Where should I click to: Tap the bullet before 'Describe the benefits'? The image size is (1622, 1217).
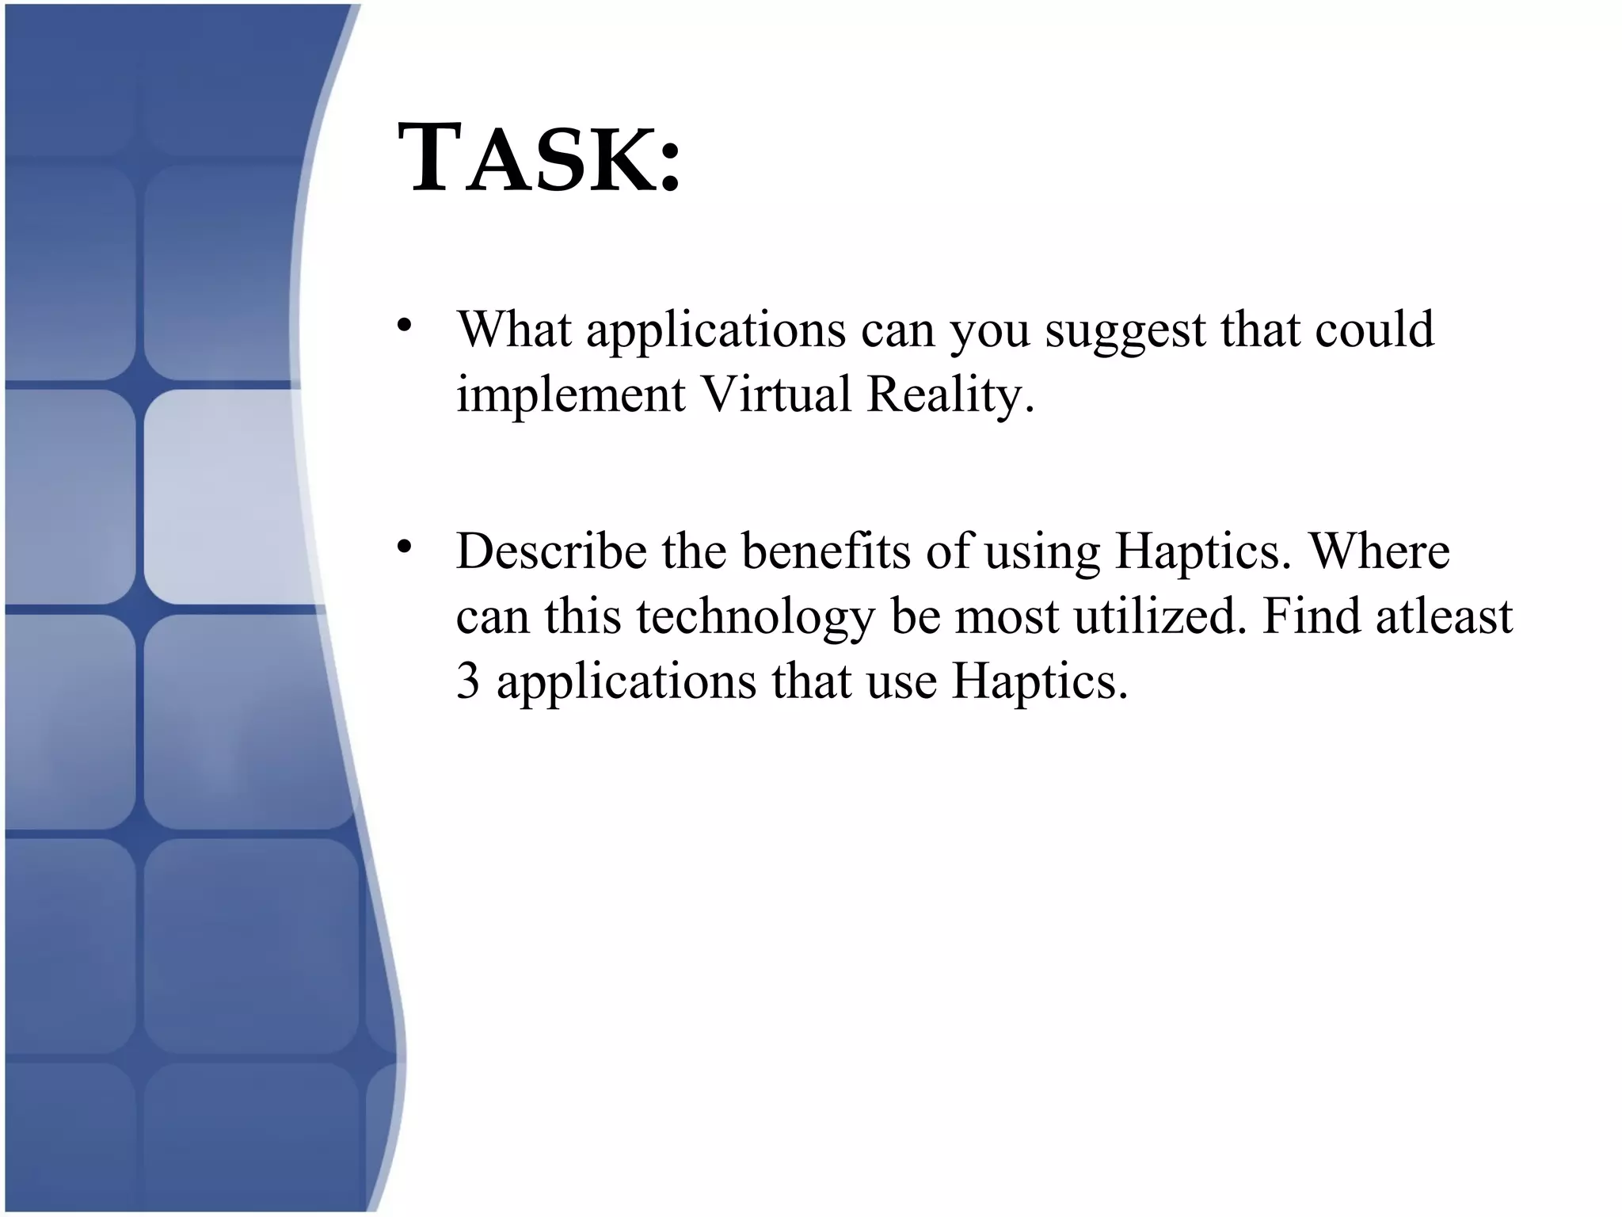click(405, 546)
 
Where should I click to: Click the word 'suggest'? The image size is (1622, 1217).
click(1125, 331)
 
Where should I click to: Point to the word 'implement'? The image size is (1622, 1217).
click(570, 395)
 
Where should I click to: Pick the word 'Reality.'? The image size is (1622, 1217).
click(950, 395)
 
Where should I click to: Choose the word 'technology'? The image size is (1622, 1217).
click(755, 617)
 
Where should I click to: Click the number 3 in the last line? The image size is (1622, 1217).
click(468, 681)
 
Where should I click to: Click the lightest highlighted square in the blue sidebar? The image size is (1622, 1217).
click(222, 497)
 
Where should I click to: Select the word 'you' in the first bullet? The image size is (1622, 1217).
click(989, 331)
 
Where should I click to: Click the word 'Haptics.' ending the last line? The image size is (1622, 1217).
click(1039, 682)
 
